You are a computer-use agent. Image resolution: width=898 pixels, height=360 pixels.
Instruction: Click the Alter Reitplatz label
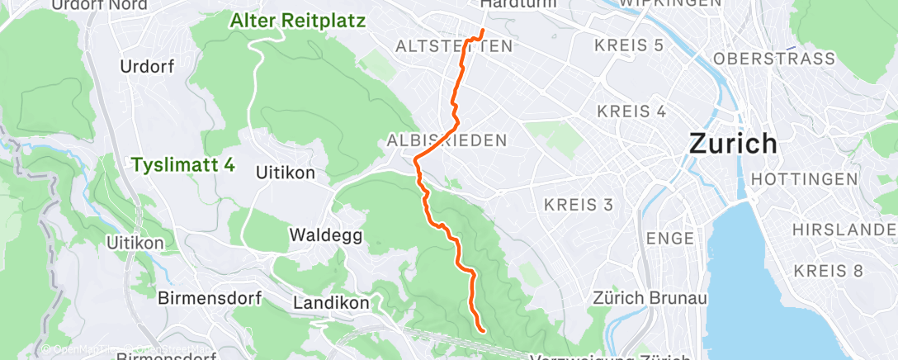pyautogui.click(x=298, y=21)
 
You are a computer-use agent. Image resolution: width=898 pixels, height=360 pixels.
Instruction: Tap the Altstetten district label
pyautogui.click(x=454, y=46)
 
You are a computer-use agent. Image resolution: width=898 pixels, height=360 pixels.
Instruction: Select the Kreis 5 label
pyautogui.click(x=630, y=45)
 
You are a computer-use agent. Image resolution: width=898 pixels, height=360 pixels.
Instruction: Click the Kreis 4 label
pyautogui.click(x=631, y=111)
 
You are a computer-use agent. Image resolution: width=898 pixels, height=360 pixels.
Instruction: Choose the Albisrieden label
pyautogui.click(x=447, y=141)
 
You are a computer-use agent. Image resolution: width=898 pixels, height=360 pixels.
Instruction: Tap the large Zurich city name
pyautogui.click(x=733, y=143)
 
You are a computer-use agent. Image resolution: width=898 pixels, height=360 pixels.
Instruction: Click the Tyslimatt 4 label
pyautogui.click(x=182, y=165)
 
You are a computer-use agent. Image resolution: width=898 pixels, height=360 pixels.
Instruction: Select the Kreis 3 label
pyautogui.click(x=579, y=204)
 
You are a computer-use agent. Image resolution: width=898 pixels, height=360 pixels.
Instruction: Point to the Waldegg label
pyautogui.click(x=326, y=235)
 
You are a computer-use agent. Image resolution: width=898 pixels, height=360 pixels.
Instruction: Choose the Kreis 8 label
pyautogui.click(x=828, y=270)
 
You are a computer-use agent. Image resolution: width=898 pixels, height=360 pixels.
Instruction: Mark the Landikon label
pyautogui.click(x=331, y=303)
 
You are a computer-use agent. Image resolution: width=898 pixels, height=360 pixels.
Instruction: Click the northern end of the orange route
pyautogui.click(x=483, y=31)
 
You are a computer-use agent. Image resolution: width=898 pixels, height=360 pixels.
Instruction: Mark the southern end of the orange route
pyautogui.click(x=482, y=331)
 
